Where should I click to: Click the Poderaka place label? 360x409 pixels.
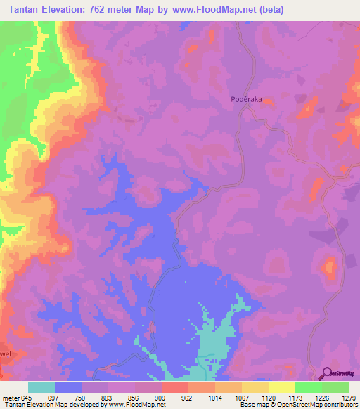[x=247, y=100]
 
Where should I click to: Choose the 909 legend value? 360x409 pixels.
[x=160, y=397]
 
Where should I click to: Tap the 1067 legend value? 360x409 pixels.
[x=240, y=397]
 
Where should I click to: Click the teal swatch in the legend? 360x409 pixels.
[x=41, y=387]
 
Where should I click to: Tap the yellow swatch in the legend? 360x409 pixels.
[x=281, y=387]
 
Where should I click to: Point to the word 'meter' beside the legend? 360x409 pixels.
[x=10, y=397]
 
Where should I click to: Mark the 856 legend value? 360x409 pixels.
[x=134, y=397]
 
